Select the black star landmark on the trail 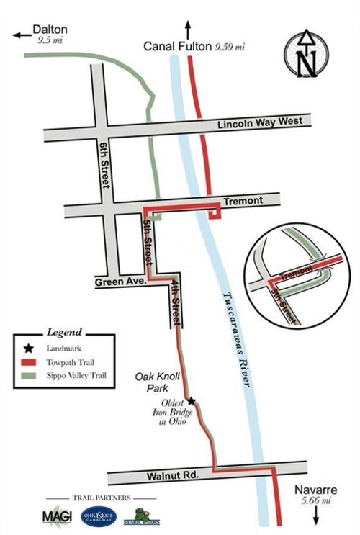(x=192, y=401)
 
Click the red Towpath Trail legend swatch (x=29, y=363)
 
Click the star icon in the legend (x=29, y=349)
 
